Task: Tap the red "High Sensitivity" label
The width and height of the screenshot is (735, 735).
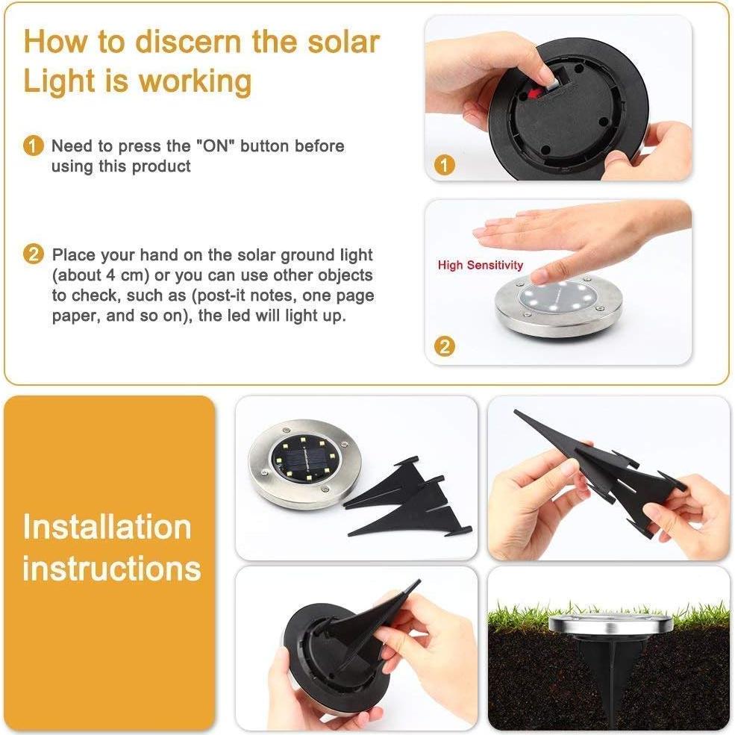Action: [480, 265]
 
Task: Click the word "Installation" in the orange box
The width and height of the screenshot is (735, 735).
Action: [107, 527]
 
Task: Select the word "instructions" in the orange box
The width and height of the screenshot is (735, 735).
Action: [112, 568]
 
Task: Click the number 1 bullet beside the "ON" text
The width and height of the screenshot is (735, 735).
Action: [34, 146]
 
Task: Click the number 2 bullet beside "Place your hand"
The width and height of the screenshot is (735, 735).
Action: [34, 255]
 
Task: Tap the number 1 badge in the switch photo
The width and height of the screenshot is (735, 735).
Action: [444, 165]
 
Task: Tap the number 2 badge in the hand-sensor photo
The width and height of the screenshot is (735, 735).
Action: [444, 346]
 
